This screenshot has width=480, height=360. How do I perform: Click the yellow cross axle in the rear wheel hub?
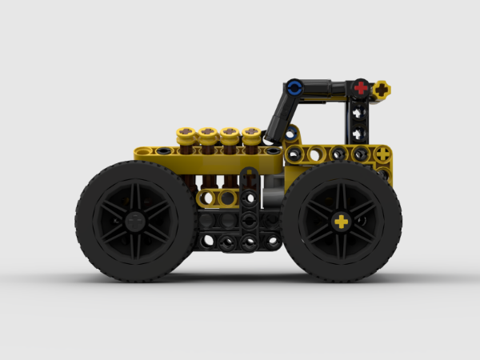tap(342, 222)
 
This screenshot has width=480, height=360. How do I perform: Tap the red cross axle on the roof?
tap(362, 86)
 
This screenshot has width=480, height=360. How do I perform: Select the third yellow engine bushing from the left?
tap(231, 132)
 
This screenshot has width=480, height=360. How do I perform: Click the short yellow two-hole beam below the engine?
tap(218, 197)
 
